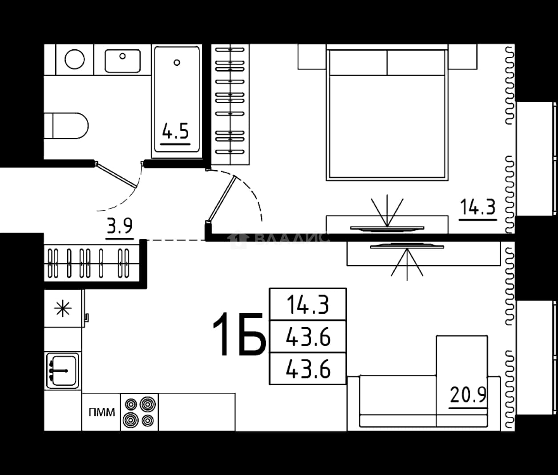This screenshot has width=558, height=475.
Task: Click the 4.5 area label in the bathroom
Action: tap(175, 131)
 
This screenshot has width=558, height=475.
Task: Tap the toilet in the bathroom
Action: tap(66, 126)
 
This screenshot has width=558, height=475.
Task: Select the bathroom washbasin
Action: tap(122, 61)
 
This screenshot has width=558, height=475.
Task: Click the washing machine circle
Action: tap(74, 59)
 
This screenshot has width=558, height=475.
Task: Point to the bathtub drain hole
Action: tap(177, 63)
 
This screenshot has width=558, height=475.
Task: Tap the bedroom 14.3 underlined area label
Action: tap(477, 207)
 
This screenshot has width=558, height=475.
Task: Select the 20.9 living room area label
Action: tap(468, 395)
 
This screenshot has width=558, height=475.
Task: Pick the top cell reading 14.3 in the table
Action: tap(308, 304)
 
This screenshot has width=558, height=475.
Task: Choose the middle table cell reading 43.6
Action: tap(308, 336)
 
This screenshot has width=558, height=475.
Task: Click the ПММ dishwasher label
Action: tap(102, 412)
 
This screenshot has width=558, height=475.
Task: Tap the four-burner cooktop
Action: tap(139, 412)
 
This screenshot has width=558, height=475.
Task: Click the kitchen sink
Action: tap(63, 371)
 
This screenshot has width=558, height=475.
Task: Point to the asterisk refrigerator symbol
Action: tap(63, 309)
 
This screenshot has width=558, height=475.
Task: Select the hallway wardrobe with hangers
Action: tap(92, 263)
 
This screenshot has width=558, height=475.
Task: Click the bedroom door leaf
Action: tap(221, 199)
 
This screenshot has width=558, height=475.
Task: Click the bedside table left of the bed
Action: tap(312, 56)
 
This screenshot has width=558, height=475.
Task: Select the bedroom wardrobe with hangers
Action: tap(230, 104)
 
